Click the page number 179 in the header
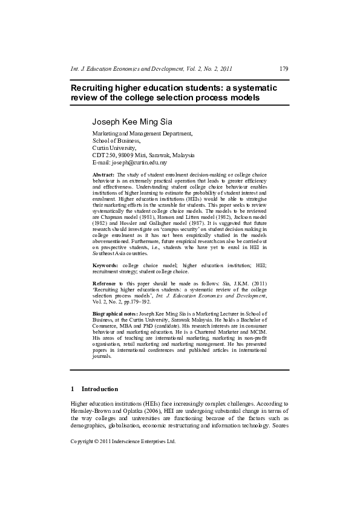click(283, 68)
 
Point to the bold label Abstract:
click(103, 175)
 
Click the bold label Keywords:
click(105, 265)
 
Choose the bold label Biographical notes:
click(114, 315)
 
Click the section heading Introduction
click(100, 389)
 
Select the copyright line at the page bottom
click(123, 441)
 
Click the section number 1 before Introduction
click(73, 389)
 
